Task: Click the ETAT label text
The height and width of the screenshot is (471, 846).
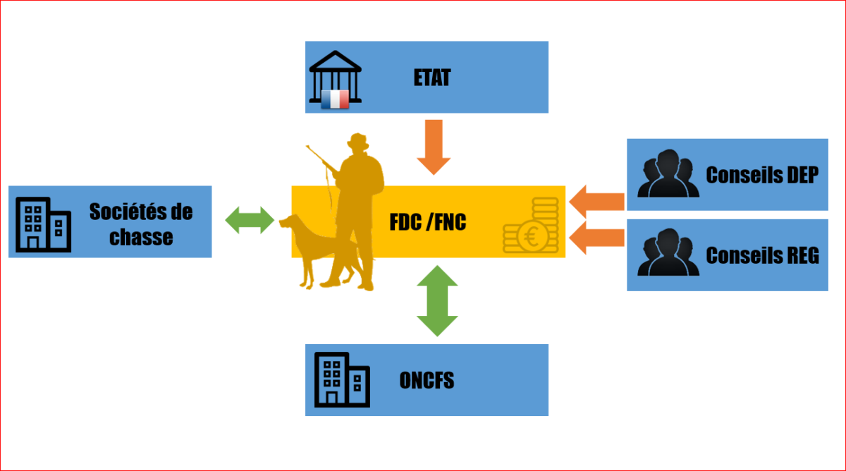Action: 431,77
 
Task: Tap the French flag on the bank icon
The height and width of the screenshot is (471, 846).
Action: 335,99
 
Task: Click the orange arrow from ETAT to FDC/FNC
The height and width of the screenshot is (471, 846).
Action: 434,147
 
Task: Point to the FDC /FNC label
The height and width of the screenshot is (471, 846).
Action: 428,222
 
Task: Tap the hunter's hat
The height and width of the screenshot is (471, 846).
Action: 357,141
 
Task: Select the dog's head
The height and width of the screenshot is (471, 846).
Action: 289,224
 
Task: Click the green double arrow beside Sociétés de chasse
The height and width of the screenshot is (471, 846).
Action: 250,220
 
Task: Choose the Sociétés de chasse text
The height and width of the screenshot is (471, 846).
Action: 141,224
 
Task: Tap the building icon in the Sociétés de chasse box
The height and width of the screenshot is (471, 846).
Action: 43,224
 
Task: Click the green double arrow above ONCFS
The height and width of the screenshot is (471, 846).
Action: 437,300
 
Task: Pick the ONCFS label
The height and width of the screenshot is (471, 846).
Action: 427,381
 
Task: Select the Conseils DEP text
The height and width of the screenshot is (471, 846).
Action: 762,175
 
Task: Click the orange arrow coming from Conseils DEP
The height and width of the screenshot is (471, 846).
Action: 596,201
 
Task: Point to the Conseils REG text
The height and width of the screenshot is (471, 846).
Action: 762,255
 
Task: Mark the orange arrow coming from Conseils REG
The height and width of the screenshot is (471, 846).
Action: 596,238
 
